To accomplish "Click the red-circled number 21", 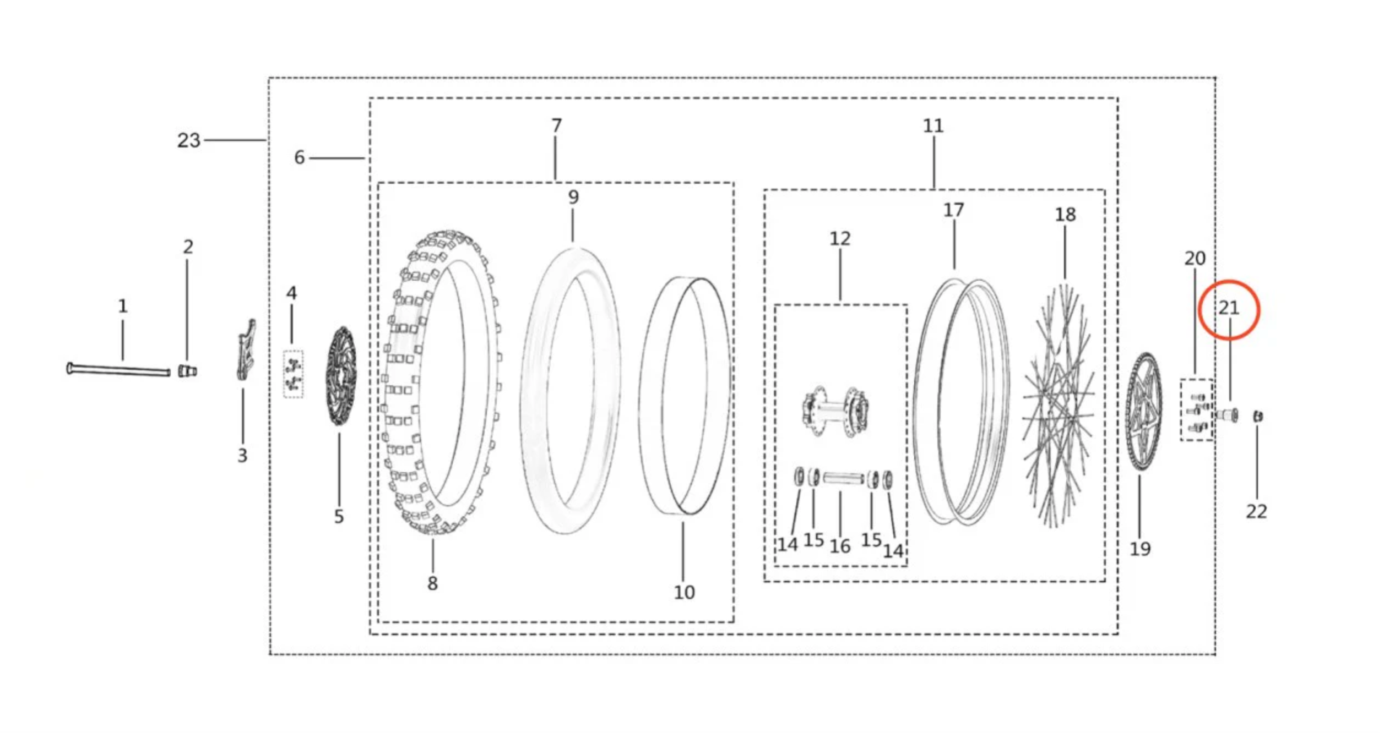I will point(1229,308).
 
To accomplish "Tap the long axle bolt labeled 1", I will point(118,369).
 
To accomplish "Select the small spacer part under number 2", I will point(187,371).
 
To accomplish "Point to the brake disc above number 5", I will point(340,376).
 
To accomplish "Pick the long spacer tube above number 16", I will point(843,478).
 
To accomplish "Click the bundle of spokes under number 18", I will point(1057,407).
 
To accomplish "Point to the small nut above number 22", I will point(1257,417).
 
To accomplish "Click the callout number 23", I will point(188,140).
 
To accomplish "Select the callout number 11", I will point(933,126).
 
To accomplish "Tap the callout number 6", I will point(299,158).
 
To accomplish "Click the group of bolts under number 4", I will point(293,374).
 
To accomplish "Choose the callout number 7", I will point(556,126).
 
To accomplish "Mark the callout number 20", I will point(1195,258).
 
